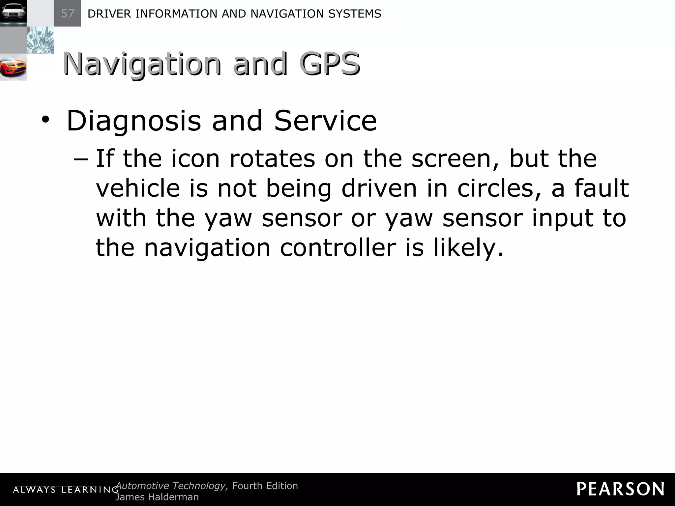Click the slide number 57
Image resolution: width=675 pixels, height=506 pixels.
(x=68, y=14)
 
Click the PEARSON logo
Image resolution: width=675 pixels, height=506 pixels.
(x=620, y=489)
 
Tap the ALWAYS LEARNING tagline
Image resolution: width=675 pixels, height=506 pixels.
(x=66, y=490)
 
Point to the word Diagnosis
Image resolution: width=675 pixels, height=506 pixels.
(x=133, y=121)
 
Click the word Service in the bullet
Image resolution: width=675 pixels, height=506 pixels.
(x=325, y=121)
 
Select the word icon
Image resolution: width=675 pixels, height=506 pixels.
(x=195, y=159)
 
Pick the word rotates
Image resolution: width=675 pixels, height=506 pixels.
(x=272, y=159)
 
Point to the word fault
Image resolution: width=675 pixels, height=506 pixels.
(x=602, y=188)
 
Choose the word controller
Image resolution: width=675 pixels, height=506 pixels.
(x=338, y=248)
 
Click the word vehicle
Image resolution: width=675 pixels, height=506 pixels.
(x=138, y=188)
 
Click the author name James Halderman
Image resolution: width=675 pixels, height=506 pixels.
(x=157, y=497)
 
